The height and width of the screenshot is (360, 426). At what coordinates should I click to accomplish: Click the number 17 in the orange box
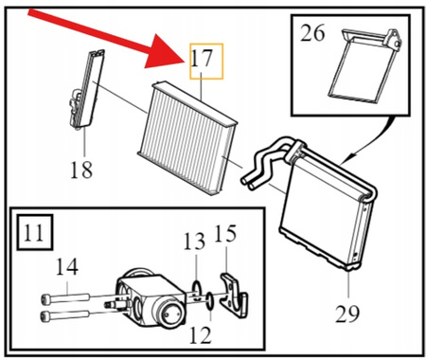pyautogui.click(x=202, y=59)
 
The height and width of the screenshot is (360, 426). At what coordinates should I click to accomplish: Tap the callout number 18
pyautogui.click(x=81, y=170)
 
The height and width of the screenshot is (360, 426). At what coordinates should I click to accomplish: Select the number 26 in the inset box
pyautogui.click(x=312, y=33)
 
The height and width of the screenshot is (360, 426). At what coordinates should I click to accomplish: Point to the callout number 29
pyautogui.click(x=347, y=314)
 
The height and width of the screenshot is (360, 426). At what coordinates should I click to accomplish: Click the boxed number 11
pyautogui.click(x=34, y=233)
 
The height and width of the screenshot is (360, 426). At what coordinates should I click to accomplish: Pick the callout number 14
pyautogui.click(x=66, y=267)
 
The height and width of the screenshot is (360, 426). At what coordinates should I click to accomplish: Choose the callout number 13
pyautogui.click(x=194, y=242)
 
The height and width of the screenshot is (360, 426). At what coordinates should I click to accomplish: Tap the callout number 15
pyautogui.click(x=225, y=234)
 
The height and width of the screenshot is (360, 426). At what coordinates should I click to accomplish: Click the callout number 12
pyautogui.click(x=201, y=334)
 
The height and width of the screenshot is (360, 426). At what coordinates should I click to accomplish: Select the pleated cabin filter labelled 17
pyautogui.click(x=186, y=138)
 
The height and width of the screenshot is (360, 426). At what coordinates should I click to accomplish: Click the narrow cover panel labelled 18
pyautogui.click(x=86, y=90)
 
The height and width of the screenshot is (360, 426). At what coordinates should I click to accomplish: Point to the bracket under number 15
pyautogui.click(x=234, y=296)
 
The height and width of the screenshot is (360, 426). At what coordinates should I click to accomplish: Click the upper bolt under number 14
pyautogui.click(x=65, y=297)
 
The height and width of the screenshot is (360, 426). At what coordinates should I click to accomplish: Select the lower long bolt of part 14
pyautogui.click(x=65, y=315)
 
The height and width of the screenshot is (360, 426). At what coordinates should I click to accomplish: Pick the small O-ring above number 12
pyautogui.click(x=210, y=301)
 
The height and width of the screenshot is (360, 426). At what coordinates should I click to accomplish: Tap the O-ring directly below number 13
pyautogui.click(x=196, y=290)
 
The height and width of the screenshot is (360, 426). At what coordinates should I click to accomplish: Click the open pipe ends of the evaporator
pyautogui.click(x=248, y=183)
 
